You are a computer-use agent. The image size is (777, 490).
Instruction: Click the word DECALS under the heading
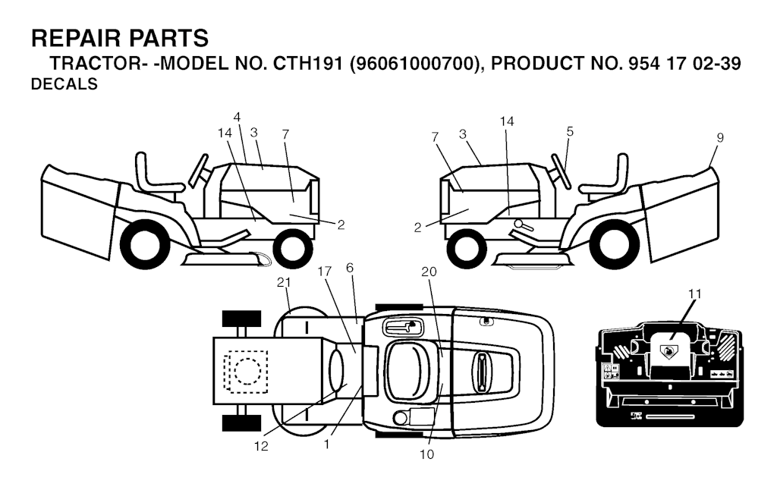(64, 84)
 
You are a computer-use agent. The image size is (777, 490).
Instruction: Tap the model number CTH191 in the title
(306, 64)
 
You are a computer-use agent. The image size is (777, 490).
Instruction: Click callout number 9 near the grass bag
(720, 138)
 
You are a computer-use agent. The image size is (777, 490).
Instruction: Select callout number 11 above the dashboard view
(695, 294)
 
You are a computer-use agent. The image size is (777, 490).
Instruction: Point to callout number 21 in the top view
(284, 282)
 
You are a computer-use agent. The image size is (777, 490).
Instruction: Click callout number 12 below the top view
(261, 446)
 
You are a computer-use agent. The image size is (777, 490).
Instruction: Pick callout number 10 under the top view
(426, 454)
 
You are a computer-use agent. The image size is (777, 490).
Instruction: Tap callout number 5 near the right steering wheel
(570, 131)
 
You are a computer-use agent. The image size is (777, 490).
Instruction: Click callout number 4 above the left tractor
(237, 118)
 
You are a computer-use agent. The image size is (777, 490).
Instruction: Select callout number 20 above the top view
(429, 272)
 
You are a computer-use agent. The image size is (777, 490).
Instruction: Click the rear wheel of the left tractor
(141, 244)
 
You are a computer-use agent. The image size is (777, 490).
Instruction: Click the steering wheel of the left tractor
(198, 171)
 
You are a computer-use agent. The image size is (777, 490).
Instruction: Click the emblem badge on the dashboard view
(668, 351)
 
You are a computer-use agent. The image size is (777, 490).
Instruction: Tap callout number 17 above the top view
(325, 272)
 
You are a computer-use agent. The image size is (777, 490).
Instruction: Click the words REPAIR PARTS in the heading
(120, 38)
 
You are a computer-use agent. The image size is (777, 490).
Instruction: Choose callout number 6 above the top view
(350, 268)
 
